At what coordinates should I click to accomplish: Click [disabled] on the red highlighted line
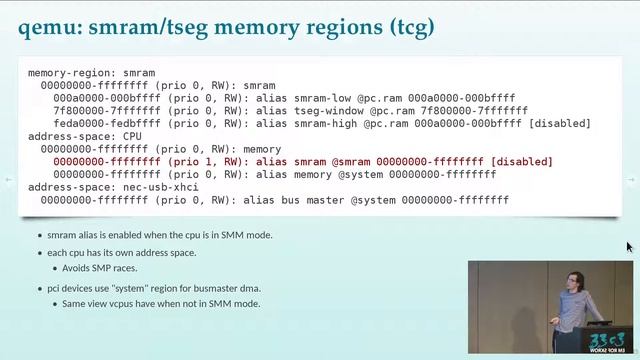[x=521, y=161]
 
